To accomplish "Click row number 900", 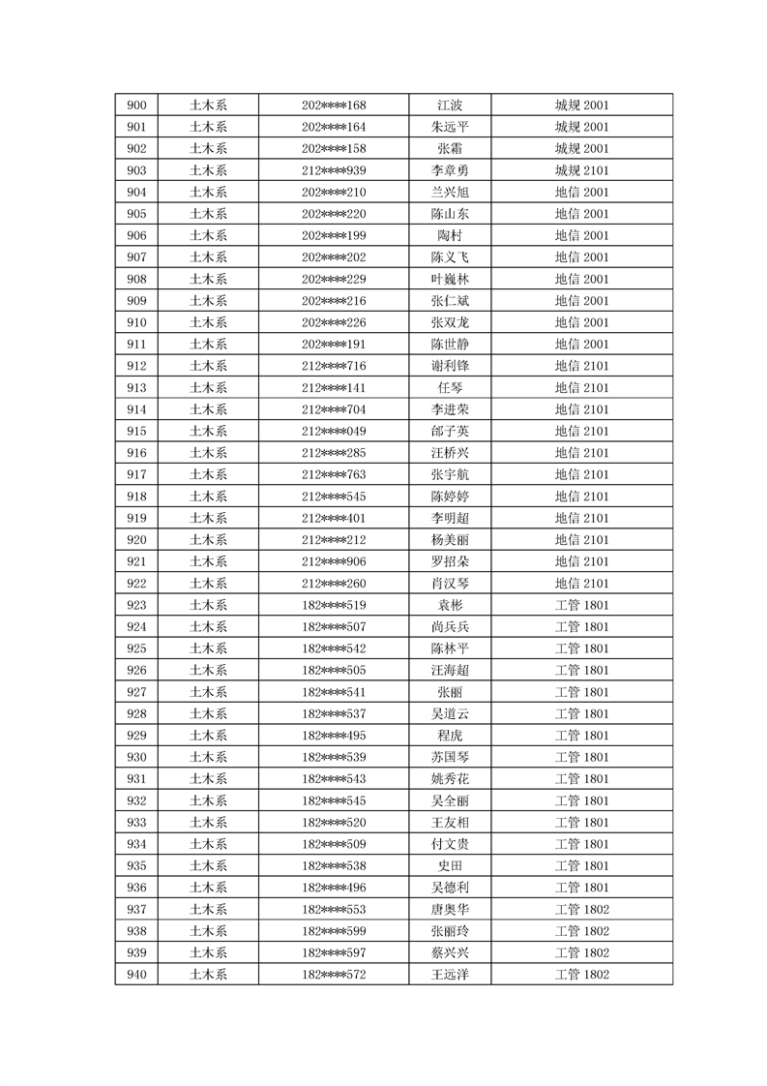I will pos(136,106).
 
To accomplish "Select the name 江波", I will pos(450,106).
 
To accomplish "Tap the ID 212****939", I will pos(334,170).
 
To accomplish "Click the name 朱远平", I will pos(450,127).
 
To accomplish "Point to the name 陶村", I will pos(450,235).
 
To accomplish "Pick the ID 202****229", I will pos(334,279).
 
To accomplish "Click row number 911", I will pos(136,345).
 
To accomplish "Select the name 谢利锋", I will pos(450,366).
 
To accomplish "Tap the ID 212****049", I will pos(334,431).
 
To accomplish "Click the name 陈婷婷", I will pos(450,497).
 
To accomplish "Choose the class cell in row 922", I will pos(581,584).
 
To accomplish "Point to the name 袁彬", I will pos(450,605).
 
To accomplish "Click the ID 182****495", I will pos(334,736).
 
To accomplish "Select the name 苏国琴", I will pos(450,757).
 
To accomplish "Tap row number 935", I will pos(136,865).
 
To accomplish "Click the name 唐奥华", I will pos(450,909).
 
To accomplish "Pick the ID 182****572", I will pos(334,975).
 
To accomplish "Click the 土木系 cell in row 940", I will pos(208,975).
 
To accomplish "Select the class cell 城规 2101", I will pos(581,170).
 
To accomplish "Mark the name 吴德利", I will pos(450,888).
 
